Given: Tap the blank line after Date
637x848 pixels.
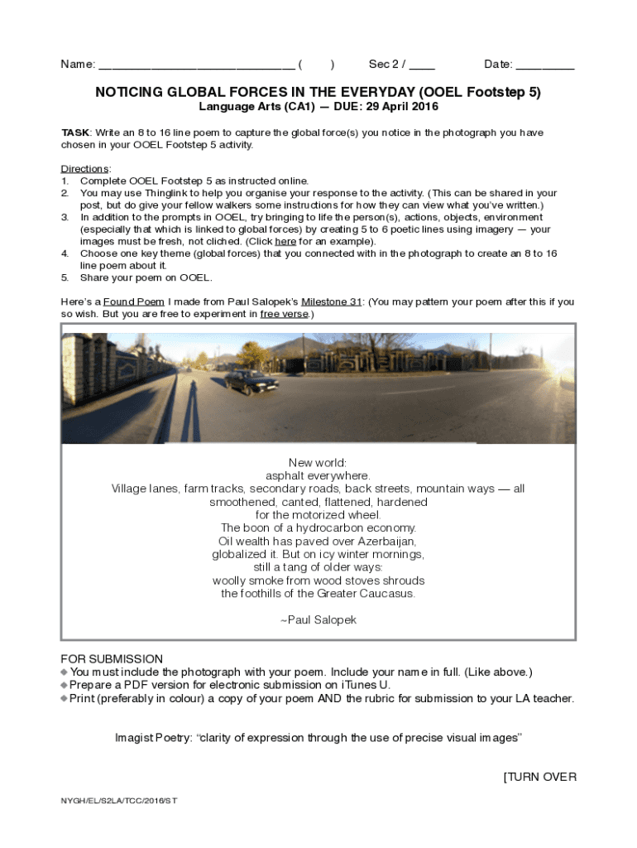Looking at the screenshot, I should coord(545,65).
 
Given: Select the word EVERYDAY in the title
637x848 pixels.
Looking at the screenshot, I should coord(374,93).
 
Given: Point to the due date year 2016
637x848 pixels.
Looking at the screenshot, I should coord(425,107).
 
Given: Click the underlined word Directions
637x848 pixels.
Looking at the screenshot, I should coord(85,169).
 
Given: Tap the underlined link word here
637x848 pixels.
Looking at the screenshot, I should coord(285,241).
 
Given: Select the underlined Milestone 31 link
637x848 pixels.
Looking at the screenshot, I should coord(332,301).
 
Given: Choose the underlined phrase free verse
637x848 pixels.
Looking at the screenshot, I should coord(283,314).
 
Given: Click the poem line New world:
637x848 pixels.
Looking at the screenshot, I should coord(318,463).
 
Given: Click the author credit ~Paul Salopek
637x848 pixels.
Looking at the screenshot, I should coord(318,619).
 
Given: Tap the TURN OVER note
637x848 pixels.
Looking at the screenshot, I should coord(539,777).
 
